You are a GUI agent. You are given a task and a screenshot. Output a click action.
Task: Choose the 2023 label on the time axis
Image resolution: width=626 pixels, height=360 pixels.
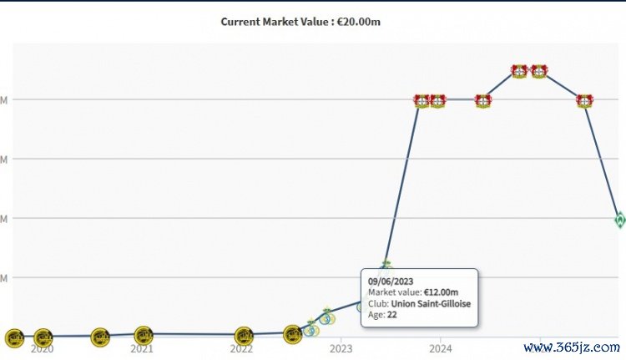coord(341,347)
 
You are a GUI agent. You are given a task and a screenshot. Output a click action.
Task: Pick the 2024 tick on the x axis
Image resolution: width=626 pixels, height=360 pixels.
coord(441,347)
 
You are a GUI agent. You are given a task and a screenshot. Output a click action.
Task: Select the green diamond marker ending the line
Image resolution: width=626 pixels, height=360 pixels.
coord(619,220)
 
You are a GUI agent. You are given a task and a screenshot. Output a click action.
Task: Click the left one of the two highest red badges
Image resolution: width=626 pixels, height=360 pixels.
coord(518,72)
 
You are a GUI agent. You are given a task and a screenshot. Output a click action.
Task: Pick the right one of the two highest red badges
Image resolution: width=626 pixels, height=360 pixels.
coord(538,72)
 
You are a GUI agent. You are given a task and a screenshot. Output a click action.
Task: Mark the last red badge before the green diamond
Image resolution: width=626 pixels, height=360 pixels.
coord(584,101)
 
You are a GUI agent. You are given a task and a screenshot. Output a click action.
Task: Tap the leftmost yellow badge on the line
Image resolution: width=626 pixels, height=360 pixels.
coord(14,338)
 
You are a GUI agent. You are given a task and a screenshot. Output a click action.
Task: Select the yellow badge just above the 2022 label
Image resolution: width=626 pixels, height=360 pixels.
coord(244,337)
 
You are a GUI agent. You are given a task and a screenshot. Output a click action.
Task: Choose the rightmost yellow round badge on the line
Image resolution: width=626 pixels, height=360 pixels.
coord(292,335)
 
